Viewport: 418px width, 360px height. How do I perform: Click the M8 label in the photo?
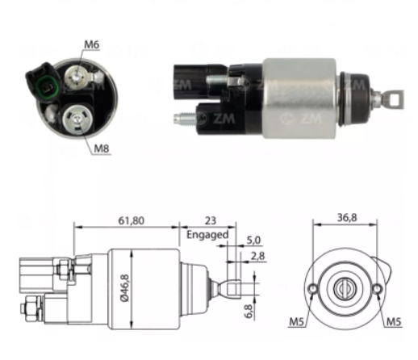[101, 149]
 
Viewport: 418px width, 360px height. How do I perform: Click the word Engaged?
[207, 235]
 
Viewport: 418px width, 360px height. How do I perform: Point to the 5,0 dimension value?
[253, 240]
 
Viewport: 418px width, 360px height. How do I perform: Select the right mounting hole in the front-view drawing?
[375, 288]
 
